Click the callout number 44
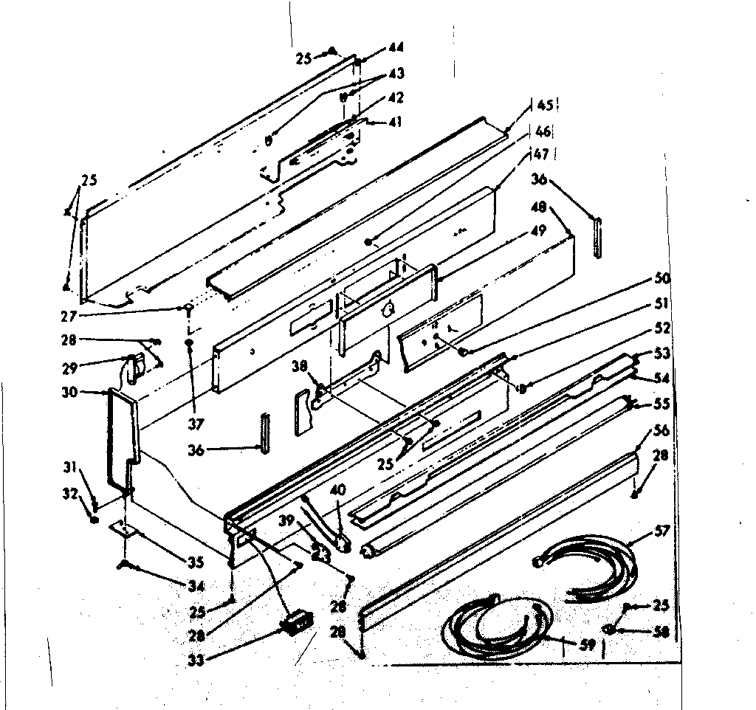pos(396,48)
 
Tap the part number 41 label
pos(396,123)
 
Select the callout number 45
pos(545,105)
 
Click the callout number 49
pos(538,230)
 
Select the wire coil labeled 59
pos(495,627)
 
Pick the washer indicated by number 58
pos(609,630)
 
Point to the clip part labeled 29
pos(133,367)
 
